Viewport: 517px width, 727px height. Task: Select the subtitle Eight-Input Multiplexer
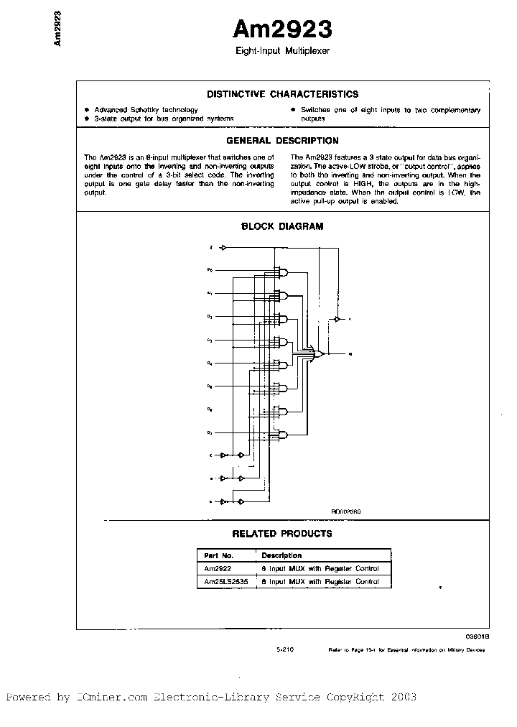[282, 52]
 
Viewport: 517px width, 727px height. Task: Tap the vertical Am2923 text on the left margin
[57, 29]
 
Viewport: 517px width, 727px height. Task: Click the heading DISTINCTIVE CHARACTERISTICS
[282, 94]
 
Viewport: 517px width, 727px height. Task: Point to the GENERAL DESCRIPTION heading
[282, 141]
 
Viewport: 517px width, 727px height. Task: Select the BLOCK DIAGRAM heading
[281, 226]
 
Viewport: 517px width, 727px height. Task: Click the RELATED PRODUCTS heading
[281, 534]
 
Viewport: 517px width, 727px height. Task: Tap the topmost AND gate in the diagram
[284, 272]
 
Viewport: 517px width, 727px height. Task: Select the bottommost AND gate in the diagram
[284, 435]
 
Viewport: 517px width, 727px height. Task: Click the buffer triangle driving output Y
[337, 318]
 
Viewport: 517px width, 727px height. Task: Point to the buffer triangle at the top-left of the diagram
[223, 248]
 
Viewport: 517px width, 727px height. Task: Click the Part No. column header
[218, 555]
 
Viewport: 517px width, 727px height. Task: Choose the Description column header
[281, 555]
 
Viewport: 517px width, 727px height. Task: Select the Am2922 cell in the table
[215, 568]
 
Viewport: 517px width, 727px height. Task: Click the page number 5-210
[285, 648]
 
